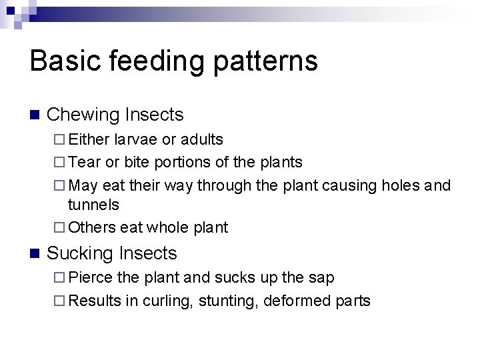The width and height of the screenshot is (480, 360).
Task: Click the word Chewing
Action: [84, 115]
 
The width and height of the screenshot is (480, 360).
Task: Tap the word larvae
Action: [135, 139]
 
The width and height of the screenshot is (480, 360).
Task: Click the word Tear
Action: [83, 162]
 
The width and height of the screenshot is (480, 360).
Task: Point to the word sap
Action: [323, 278]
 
